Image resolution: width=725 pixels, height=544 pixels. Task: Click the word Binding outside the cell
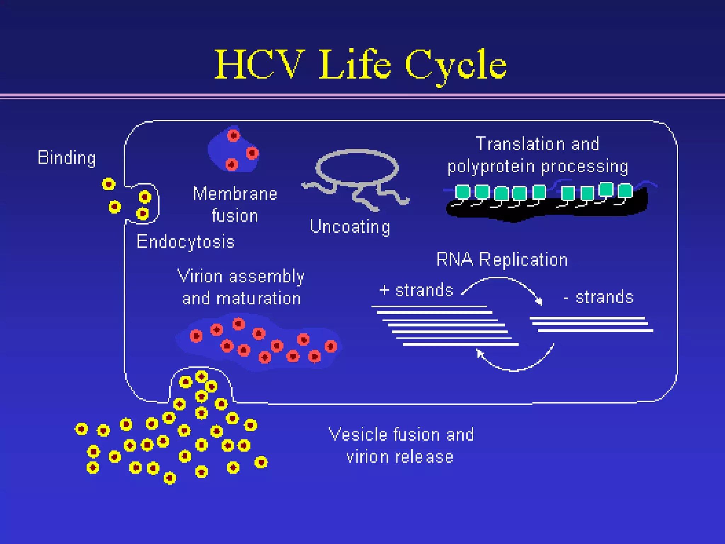(x=67, y=158)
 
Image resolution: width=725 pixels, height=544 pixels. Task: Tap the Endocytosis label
(x=185, y=242)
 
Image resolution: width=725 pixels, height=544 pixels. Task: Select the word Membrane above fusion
(x=235, y=194)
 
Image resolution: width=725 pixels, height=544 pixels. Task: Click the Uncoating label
(x=350, y=227)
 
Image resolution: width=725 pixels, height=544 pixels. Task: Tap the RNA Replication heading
(x=502, y=259)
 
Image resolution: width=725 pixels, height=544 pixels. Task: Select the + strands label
(x=416, y=290)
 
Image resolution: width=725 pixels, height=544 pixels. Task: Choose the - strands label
(x=599, y=297)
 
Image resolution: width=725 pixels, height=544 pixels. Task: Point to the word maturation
(x=258, y=298)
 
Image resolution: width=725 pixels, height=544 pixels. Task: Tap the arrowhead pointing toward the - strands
(x=539, y=301)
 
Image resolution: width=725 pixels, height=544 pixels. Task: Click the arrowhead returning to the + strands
(x=479, y=353)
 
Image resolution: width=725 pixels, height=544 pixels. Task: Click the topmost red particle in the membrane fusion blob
(x=233, y=135)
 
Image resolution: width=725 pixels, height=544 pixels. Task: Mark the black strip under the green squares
(x=545, y=210)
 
